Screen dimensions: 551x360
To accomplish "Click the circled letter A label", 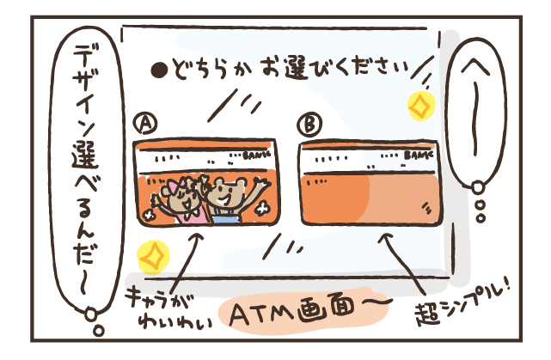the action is pyautogui.click(x=146, y=125).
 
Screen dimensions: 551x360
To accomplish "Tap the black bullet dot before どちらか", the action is pyautogui.click(x=157, y=68).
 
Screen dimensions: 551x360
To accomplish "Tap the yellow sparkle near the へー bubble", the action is pyautogui.click(x=419, y=104).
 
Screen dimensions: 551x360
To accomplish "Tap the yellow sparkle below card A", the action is pyautogui.click(x=152, y=255).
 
